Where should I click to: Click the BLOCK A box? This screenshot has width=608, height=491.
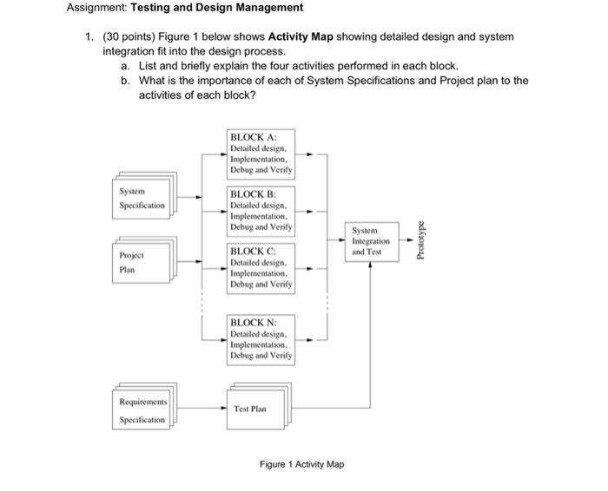click(x=261, y=153)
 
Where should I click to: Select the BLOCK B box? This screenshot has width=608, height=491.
click(x=261, y=211)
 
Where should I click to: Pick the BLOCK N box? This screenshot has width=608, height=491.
click(x=261, y=339)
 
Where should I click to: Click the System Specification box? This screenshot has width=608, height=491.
click(x=142, y=198)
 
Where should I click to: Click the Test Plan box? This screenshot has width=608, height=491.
click(x=258, y=408)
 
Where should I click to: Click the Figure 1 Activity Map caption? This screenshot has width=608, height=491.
click(x=301, y=464)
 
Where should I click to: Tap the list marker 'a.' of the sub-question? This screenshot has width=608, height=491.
click(x=127, y=66)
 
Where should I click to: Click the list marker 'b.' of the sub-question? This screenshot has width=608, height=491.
click(x=127, y=81)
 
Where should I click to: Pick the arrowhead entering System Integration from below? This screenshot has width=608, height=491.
click(x=371, y=263)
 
